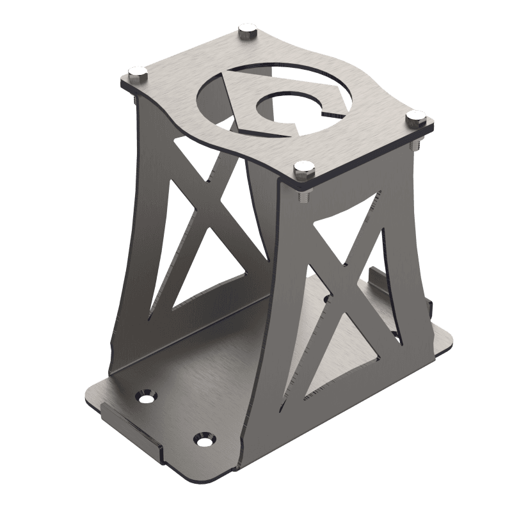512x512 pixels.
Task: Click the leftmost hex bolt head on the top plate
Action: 138,72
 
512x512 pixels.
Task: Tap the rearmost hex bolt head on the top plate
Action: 247,31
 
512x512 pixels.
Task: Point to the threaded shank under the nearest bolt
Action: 303,195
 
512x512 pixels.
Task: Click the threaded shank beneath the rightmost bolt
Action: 417,145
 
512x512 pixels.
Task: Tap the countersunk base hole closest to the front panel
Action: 204,440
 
